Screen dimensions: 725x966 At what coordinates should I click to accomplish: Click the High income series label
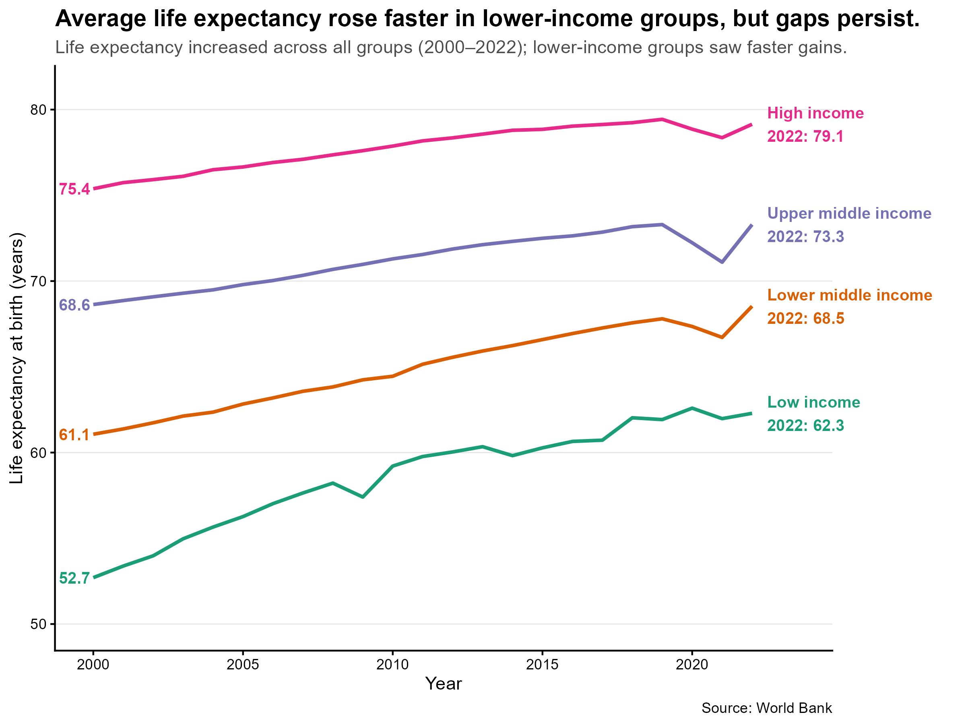pyautogui.click(x=815, y=113)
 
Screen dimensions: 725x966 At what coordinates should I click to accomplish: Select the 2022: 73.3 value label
pyautogui.click(x=805, y=236)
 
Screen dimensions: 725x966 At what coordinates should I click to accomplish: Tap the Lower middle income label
pyautogui.click(x=849, y=295)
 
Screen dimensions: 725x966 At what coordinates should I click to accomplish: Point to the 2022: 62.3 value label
pyautogui.click(x=805, y=425)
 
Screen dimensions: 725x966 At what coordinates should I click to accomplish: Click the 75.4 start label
pyautogui.click(x=74, y=189)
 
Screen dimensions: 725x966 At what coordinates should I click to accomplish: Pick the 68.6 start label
pyautogui.click(x=74, y=304)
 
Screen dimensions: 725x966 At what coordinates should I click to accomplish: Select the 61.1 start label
pyautogui.click(x=74, y=435)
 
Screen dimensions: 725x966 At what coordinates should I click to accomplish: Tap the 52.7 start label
pyautogui.click(x=74, y=578)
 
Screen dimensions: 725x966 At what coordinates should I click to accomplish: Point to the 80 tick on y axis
pyautogui.click(x=38, y=110)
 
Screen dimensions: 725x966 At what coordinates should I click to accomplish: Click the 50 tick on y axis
pyautogui.click(x=38, y=624)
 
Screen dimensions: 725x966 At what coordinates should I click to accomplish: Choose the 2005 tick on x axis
pyautogui.click(x=243, y=665)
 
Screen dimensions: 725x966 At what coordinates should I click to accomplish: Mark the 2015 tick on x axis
pyautogui.click(x=542, y=665)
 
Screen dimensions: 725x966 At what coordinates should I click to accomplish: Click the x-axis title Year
pyautogui.click(x=443, y=684)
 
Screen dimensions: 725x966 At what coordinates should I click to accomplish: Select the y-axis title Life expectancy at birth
pyautogui.click(x=17, y=358)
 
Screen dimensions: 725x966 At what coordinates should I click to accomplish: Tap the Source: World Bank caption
pyautogui.click(x=766, y=708)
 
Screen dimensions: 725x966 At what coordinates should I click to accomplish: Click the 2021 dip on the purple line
pyautogui.click(x=722, y=262)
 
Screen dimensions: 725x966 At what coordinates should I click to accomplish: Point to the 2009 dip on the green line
pyautogui.click(x=363, y=497)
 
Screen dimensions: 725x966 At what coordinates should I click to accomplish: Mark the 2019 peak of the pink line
pyautogui.click(x=662, y=119)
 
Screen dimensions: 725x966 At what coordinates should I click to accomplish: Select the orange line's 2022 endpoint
pyautogui.click(x=751, y=307)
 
